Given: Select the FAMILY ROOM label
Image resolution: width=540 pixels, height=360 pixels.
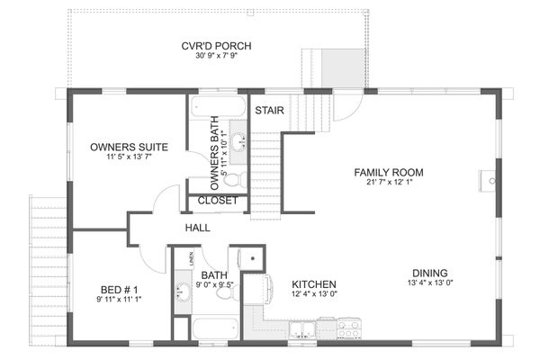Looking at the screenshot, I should pos(388,172).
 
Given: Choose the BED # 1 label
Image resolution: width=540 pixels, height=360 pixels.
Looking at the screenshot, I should pos(119,290).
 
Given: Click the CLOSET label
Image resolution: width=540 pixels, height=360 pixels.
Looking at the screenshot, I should pos(217,200).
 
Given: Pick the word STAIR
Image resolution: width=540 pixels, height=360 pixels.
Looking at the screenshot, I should pos(270,111).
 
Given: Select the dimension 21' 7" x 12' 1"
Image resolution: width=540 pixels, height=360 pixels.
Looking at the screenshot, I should pos(388,184).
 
